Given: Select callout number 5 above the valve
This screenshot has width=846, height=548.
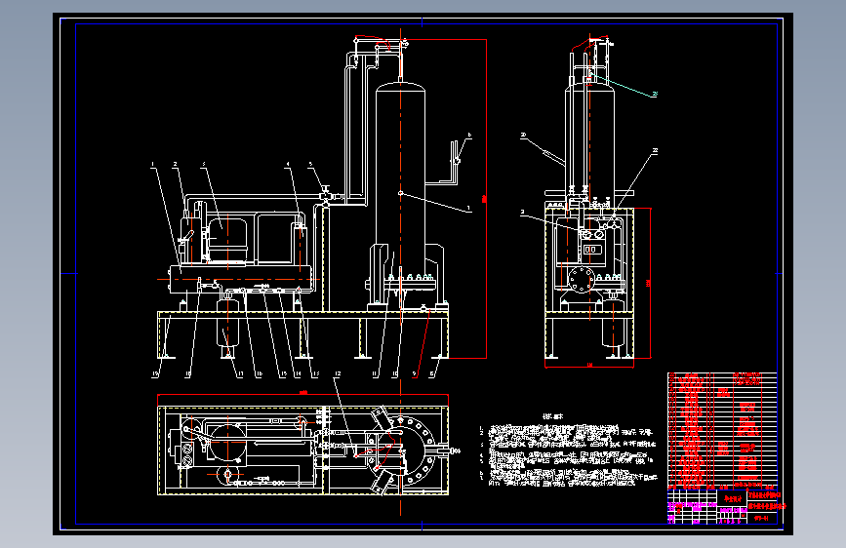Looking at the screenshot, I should [x=311, y=165].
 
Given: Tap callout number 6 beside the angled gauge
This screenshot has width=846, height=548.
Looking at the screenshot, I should [x=468, y=136].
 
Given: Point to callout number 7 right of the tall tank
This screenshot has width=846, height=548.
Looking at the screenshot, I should [x=469, y=208].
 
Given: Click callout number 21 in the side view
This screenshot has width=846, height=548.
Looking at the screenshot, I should [x=656, y=95].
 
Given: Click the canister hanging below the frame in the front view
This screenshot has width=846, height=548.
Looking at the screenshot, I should [x=228, y=322].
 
